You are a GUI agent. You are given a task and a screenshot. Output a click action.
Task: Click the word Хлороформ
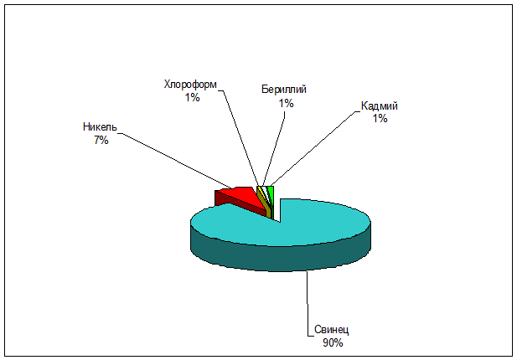[x=190, y=85]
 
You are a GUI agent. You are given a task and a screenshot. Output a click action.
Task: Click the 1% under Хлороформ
[x=192, y=97]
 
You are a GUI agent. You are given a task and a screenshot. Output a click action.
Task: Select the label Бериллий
[x=284, y=90]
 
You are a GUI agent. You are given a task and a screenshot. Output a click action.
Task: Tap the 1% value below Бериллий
[x=287, y=104]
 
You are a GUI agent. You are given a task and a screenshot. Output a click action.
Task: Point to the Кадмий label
[x=380, y=105]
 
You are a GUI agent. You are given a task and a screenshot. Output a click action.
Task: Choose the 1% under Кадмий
[x=380, y=118]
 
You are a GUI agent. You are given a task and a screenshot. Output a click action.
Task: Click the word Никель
[x=100, y=126]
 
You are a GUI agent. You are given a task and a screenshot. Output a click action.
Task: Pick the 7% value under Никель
[x=101, y=141]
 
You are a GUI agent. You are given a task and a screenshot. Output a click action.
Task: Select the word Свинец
[x=331, y=329]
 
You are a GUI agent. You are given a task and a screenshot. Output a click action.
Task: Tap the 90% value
[x=333, y=343]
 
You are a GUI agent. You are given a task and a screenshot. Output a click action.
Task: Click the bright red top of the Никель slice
[x=244, y=195]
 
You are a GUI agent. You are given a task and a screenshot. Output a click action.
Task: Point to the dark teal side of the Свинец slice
[x=280, y=258]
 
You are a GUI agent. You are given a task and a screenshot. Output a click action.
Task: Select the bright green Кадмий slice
[x=271, y=193]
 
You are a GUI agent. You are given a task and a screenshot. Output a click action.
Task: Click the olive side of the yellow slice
[x=266, y=205]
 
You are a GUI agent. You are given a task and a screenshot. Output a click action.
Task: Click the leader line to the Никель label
[x=176, y=161]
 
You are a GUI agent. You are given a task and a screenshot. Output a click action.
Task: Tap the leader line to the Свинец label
[x=308, y=303]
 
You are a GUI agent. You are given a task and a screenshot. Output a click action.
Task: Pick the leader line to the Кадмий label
[x=314, y=148]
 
